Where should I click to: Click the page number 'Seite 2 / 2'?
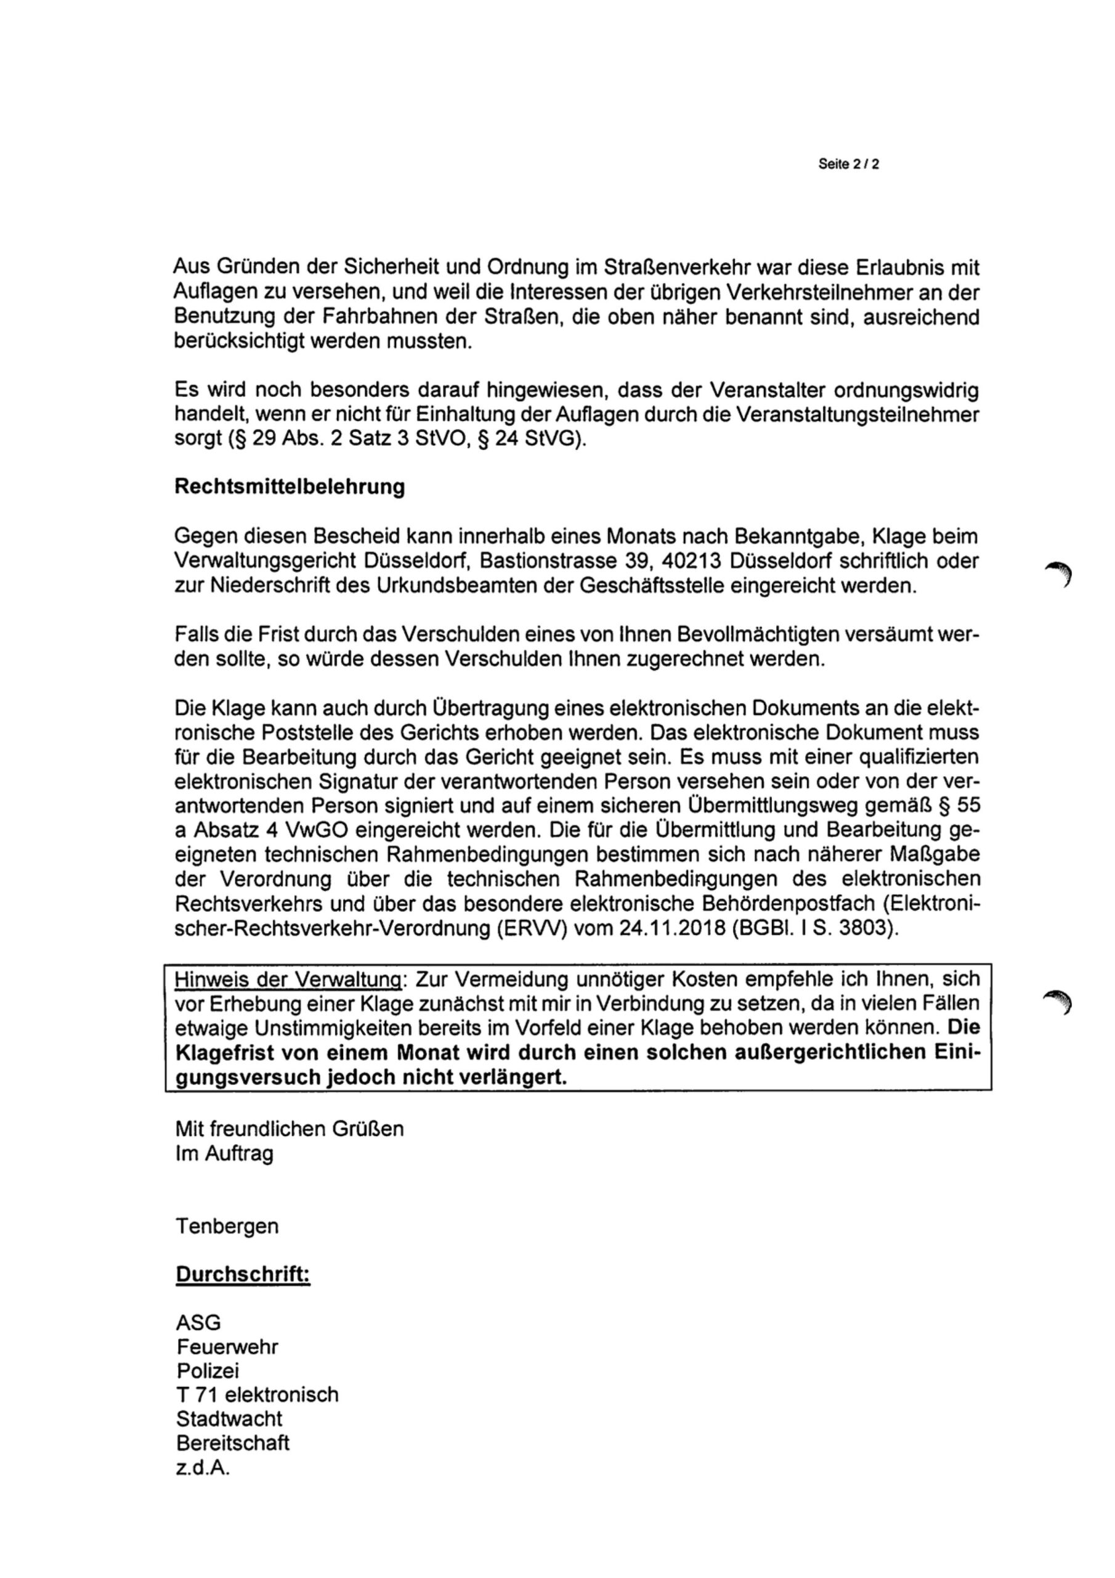point(848,165)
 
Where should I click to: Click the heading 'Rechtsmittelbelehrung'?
point(290,486)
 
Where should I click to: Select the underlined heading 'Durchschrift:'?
point(243,1273)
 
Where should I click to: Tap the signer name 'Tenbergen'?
point(227,1225)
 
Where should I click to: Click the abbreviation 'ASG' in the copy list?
point(198,1322)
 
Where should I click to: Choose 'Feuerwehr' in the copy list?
point(227,1346)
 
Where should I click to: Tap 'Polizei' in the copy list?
point(208,1370)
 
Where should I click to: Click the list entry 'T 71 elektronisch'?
point(257,1394)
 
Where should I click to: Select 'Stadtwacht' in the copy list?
point(229,1418)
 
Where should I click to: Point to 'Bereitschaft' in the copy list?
point(233,1442)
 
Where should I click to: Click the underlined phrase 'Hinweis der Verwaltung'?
point(288,979)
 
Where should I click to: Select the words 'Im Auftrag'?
point(224,1153)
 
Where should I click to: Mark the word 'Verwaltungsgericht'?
point(264,562)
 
